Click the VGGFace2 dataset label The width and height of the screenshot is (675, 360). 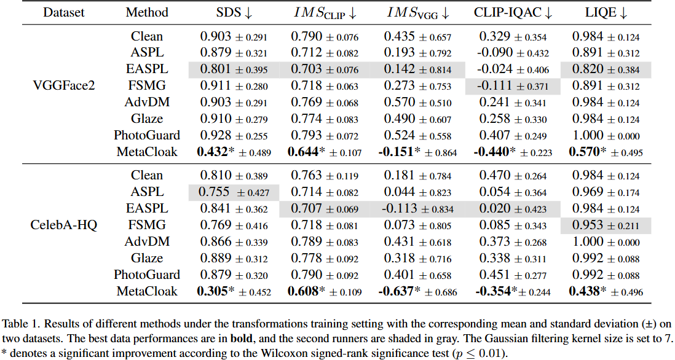64,85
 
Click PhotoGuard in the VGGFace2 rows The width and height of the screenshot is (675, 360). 147,135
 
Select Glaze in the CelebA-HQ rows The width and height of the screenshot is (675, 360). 147,258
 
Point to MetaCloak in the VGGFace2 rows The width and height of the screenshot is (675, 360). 147,151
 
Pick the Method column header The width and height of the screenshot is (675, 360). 147,12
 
